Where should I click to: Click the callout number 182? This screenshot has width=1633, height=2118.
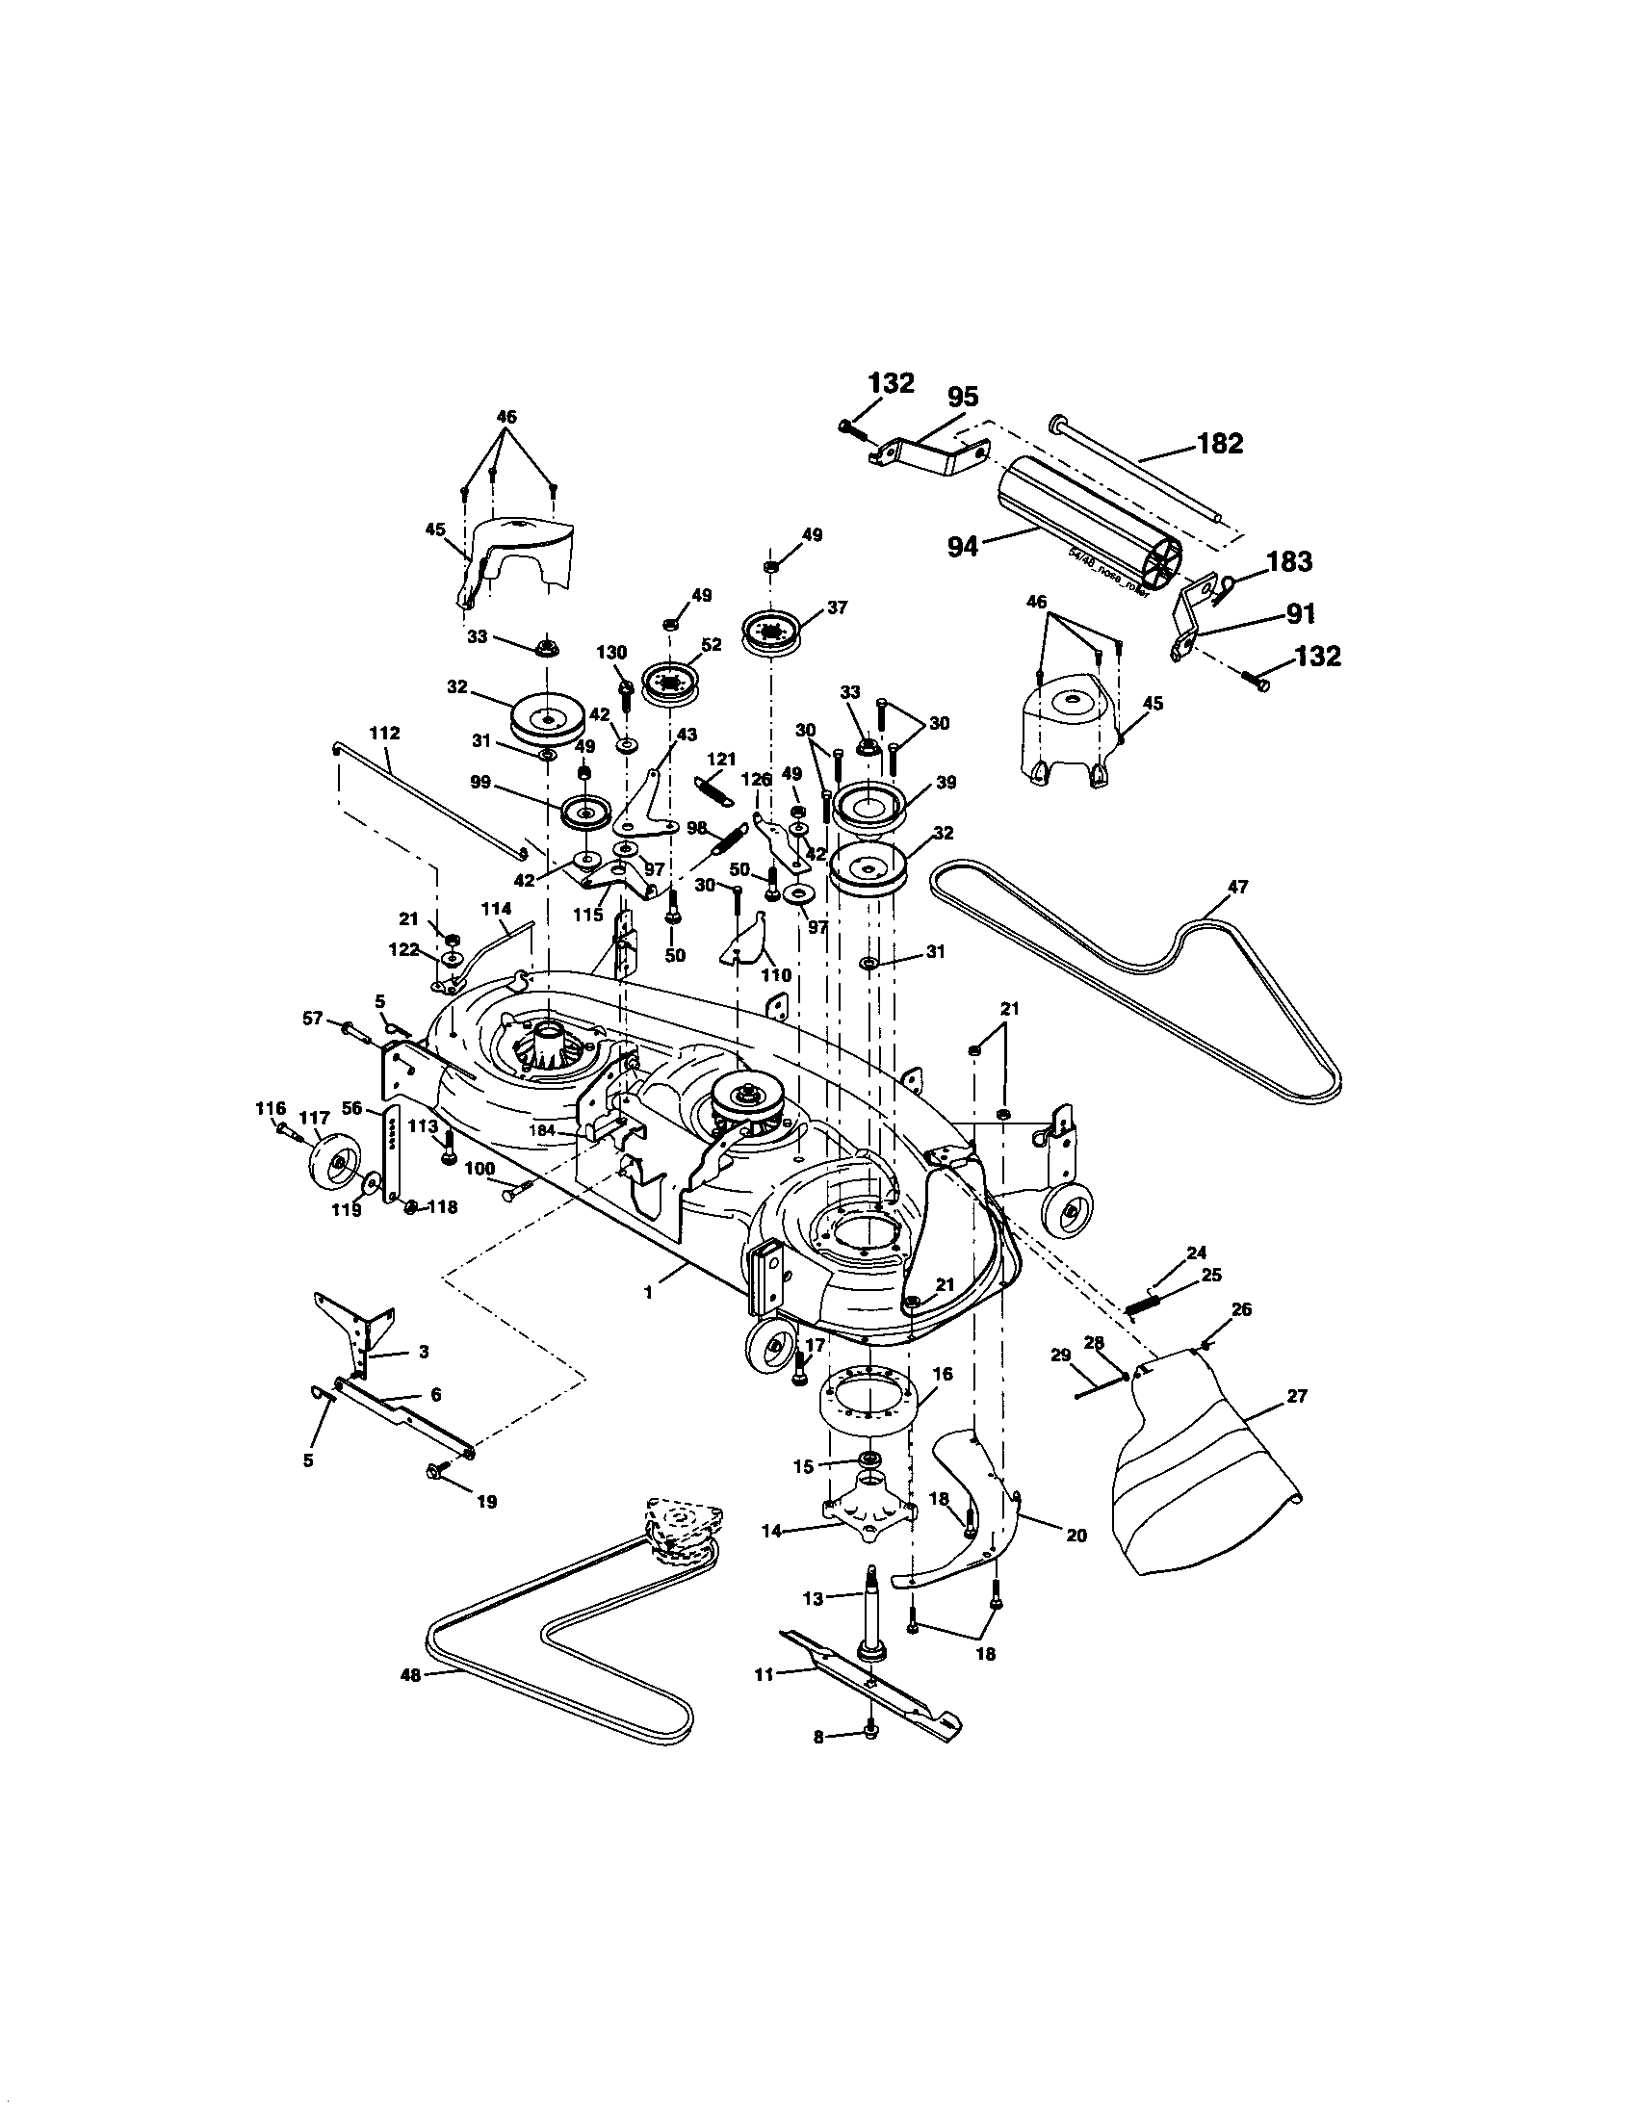coord(1220,443)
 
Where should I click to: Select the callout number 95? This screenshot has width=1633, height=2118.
coord(962,397)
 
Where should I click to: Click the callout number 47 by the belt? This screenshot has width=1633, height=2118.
coord(1237,886)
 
